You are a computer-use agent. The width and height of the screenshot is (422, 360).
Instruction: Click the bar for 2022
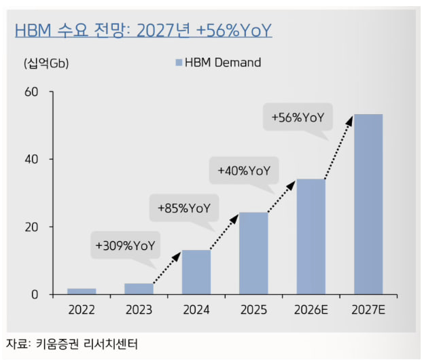coord(82,291)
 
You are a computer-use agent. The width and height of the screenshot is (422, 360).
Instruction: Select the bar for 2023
coord(139,289)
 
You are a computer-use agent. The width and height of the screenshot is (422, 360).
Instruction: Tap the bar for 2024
coord(196,272)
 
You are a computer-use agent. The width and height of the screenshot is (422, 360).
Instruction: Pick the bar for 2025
coord(253,253)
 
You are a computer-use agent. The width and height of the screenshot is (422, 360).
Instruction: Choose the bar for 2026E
coord(311,237)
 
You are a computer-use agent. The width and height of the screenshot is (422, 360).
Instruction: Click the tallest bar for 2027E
coord(368,204)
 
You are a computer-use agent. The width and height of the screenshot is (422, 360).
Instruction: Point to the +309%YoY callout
coord(126,245)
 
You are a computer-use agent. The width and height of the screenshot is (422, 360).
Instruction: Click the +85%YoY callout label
coord(184,209)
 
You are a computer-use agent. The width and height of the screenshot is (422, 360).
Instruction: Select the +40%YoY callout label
coord(244,171)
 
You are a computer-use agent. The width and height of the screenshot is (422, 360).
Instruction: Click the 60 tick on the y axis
coord(31,92)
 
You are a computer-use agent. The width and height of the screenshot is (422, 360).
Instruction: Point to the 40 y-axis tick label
coord(31,159)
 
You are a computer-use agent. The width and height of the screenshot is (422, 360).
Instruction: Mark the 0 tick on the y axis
coord(35,295)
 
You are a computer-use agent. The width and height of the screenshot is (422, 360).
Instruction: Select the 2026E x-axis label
coord(311,310)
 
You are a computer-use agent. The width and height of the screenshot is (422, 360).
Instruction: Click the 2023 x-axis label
coord(139,310)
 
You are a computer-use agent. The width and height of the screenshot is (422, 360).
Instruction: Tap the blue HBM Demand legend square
coord(179,62)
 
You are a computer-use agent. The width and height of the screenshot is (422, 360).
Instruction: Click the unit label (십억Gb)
coord(46,63)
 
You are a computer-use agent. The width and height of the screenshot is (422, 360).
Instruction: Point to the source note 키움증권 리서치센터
coord(87,344)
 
